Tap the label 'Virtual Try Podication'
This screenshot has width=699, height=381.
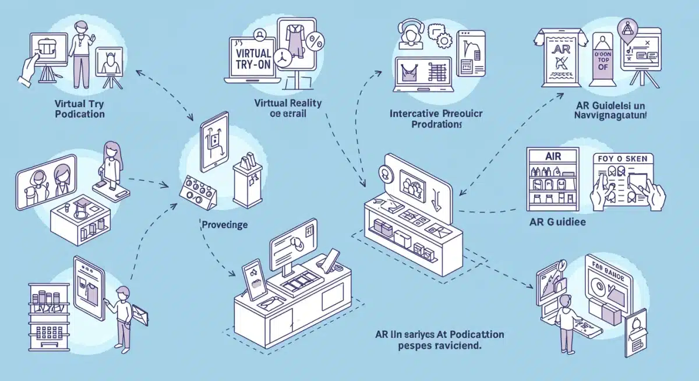pyautogui.click(x=80, y=108)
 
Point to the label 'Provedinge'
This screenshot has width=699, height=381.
pyautogui.click(x=224, y=224)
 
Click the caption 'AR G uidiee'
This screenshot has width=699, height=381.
pyautogui.click(x=557, y=222)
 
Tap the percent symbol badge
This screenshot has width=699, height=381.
pyautogui.click(x=316, y=42)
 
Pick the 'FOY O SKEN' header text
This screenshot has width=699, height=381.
pyautogui.click(x=623, y=158)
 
